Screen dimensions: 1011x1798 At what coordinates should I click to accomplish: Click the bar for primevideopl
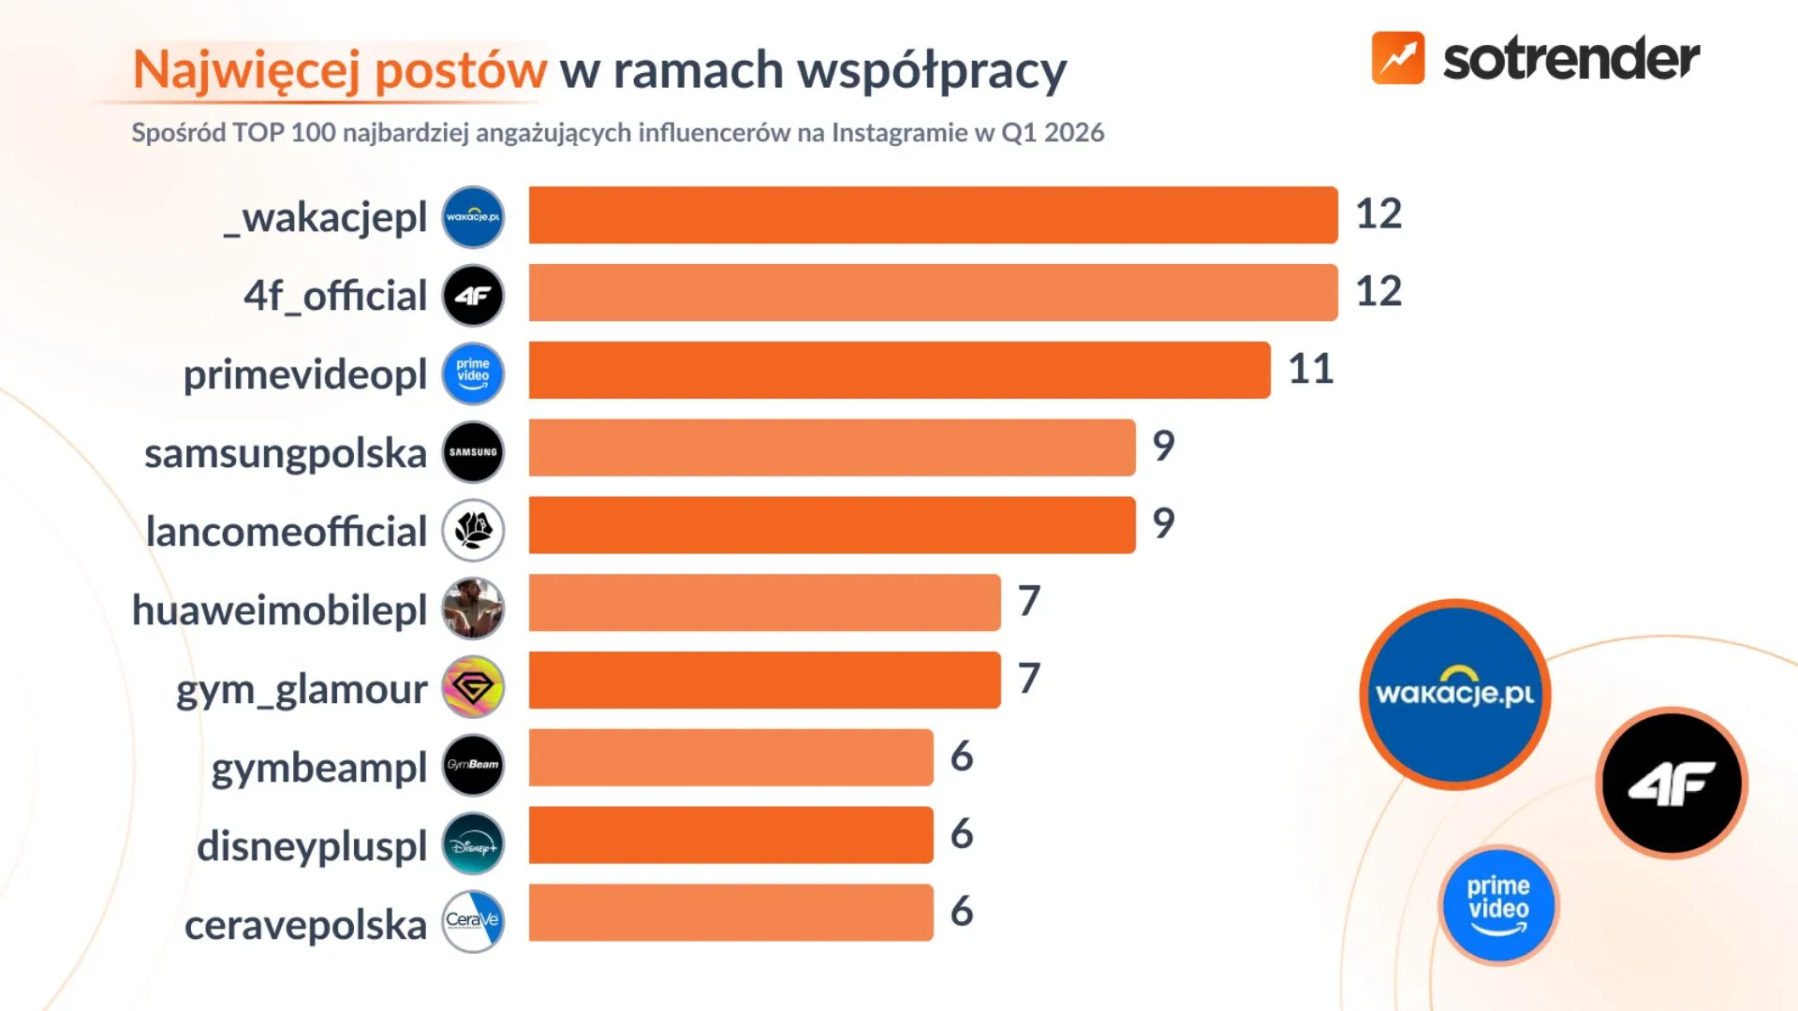click(899, 370)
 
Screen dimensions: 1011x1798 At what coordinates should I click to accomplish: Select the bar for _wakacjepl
click(933, 214)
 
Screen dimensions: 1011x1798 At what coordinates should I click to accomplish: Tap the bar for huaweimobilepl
click(764, 603)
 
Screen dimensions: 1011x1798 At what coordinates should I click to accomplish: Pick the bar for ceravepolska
click(730, 913)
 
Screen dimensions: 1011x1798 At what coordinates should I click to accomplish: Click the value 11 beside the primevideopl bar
click(1310, 369)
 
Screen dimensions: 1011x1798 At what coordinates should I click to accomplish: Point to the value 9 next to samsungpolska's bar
click(1163, 446)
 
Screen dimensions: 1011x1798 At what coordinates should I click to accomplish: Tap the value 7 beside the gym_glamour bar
click(1028, 679)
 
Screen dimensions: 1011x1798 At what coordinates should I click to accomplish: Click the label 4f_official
click(335, 296)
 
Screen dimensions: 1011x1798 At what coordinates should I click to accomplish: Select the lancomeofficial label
click(287, 532)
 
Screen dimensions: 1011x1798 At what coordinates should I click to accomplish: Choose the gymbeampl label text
click(319, 768)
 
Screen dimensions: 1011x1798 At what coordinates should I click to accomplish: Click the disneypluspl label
click(312, 846)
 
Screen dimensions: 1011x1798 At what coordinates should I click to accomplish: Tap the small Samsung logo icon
click(473, 452)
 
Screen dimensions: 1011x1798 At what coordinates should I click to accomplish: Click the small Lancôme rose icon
click(473, 531)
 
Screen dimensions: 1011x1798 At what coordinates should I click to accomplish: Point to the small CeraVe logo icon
click(473, 921)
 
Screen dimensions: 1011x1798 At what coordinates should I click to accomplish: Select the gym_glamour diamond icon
click(473, 687)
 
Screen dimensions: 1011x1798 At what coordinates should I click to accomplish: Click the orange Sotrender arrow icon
click(1397, 58)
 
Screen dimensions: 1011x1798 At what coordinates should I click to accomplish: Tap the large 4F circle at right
click(1672, 783)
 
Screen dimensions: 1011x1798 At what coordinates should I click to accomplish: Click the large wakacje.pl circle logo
click(1454, 695)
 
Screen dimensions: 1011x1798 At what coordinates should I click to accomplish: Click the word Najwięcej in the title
click(246, 70)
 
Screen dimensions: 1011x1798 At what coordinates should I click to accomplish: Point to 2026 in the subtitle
click(1074, 133)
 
